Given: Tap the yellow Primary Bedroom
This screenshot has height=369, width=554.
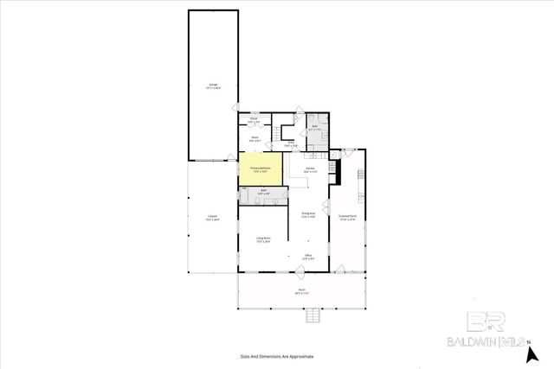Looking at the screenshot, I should point(261,169).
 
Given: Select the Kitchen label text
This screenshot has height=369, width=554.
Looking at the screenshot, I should point(308,169).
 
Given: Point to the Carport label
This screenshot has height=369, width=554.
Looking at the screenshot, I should point(212,217).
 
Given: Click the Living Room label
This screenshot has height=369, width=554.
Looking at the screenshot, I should point(262,239).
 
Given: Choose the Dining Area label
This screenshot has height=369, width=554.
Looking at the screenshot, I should point(307,216).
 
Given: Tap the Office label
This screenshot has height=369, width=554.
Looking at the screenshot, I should point(307,256).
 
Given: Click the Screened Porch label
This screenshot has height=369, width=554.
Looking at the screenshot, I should point(348,219).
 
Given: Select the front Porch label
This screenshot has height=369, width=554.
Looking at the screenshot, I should point(302,291).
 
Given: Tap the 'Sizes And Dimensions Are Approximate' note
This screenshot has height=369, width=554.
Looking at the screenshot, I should point(277,356).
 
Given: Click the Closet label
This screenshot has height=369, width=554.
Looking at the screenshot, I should point(254,119).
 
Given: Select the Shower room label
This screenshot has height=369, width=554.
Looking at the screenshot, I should point(255,139).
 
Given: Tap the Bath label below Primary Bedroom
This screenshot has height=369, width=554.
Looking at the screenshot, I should point(262,193).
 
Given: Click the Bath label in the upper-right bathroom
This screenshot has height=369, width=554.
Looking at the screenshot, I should point(315,128).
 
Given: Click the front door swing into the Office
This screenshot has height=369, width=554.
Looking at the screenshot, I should point(299,273).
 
